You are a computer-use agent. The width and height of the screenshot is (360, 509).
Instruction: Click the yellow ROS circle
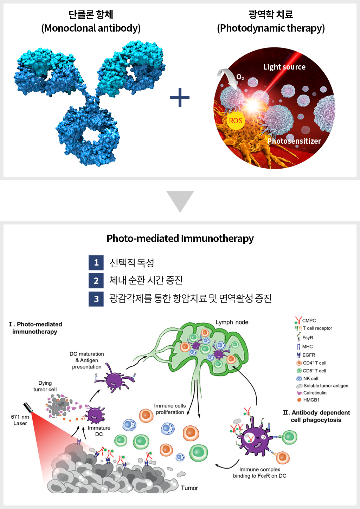coord(236,120)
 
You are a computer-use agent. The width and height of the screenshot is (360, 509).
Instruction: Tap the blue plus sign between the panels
coord(180,98)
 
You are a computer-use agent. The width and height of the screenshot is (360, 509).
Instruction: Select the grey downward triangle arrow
coord(180,202)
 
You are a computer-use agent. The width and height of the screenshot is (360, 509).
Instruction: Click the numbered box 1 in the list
coord(96,262)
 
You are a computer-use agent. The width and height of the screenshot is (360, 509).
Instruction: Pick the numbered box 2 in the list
coord(96,281)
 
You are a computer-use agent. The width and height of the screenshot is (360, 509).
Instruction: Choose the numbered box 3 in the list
coord(96,299)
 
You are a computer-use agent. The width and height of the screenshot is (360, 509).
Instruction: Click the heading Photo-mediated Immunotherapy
coord(180,239)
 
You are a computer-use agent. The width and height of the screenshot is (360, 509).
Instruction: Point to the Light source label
coord(284,67)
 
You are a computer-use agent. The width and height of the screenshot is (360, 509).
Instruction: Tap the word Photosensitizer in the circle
coord(294,141)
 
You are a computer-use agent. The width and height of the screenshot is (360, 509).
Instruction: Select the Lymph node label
coord(232,322)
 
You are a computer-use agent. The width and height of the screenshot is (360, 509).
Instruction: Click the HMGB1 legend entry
coord(308,400)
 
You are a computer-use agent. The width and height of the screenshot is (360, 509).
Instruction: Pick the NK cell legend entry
coord(308,379)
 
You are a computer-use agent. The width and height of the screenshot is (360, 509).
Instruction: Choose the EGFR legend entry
coord(306,355)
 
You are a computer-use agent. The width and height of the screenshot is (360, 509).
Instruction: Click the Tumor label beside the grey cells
coord(189,488)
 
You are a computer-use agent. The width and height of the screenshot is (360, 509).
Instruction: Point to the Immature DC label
coord(99,431)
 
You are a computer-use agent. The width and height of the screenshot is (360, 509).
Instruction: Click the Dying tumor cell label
coord(45,386)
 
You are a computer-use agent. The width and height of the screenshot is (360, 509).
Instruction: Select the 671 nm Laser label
coord(20,420)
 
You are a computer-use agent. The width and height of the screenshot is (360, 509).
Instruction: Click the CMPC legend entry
coord(305,320)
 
